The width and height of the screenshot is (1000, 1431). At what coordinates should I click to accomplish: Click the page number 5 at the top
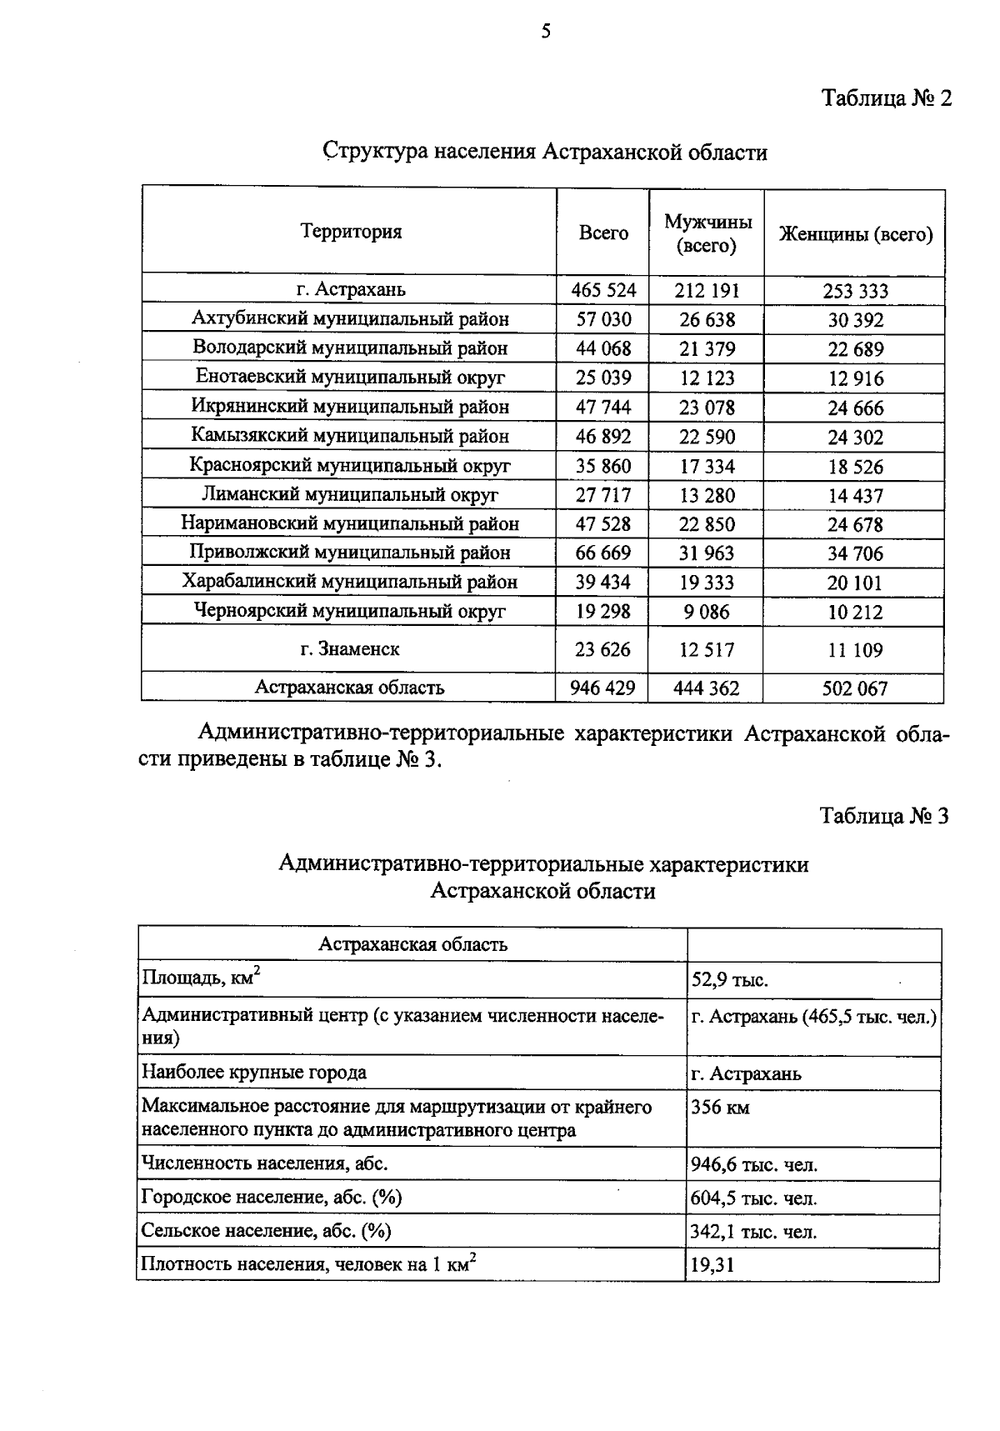click(546, 32)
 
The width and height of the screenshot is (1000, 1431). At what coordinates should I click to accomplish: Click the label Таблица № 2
click(887, 98)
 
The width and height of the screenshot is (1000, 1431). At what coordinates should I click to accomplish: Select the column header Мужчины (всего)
click(707, 233)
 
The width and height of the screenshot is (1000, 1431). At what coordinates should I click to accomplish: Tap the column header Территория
click(351, 232)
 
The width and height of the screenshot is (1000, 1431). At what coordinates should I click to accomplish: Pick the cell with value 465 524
click(603, 290)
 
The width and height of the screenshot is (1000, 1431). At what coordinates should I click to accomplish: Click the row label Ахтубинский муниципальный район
click(350, 318)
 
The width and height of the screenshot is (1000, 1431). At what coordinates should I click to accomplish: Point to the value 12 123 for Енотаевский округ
click(707, 378)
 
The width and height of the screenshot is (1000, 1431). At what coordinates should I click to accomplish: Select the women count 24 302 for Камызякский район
click(855, 438)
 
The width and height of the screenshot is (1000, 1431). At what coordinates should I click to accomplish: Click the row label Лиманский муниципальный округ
click(350, 495)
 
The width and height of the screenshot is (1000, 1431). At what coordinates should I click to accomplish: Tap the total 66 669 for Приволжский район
click(603, 553)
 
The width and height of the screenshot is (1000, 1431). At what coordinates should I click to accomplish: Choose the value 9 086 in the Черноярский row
click(707, 612)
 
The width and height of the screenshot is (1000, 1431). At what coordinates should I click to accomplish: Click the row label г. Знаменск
click(350, 649)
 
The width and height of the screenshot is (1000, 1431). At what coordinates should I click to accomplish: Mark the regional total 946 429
click(602, 688)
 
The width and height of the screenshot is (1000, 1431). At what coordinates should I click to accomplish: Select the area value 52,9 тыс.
click(729, 980)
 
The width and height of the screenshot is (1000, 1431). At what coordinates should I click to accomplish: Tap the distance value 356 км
click(720, 1108)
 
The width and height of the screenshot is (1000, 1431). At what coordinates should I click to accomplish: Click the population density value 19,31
click(712, 1266)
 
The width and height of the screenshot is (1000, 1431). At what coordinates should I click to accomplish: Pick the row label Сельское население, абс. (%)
click(266, 1231)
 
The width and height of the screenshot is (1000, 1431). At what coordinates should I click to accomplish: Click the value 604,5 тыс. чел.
click(753, 1198)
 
